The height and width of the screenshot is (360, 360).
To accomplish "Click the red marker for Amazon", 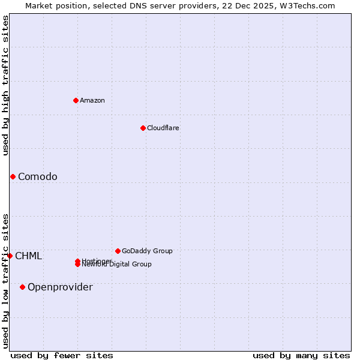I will [76, 100].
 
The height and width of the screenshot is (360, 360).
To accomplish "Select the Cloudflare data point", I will [143, 128].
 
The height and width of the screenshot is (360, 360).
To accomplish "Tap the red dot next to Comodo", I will [13, 176].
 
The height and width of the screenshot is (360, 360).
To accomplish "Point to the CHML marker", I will [10, 256].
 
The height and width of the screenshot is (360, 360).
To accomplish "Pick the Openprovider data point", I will [22, 287].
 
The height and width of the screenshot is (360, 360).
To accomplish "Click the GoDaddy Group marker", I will [118, 251].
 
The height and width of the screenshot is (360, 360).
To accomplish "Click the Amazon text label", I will [92, 100].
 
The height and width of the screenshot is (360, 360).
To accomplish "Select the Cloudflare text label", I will [163, 128].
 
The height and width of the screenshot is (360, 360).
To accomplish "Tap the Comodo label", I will [38, 176].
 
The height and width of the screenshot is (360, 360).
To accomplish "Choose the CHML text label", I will [29, 256].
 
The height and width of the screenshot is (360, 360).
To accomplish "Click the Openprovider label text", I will [60, 287].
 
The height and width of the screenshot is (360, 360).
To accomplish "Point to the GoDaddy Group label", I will [147, 251].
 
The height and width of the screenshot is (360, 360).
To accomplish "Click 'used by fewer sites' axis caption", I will [62, 356].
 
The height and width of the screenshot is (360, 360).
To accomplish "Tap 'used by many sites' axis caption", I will [301, 356].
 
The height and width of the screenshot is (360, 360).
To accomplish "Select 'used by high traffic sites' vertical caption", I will [5, 85].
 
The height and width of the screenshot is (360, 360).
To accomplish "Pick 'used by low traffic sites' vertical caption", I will [5, 280].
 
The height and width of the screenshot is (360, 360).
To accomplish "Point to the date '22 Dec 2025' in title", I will [256, 5].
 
